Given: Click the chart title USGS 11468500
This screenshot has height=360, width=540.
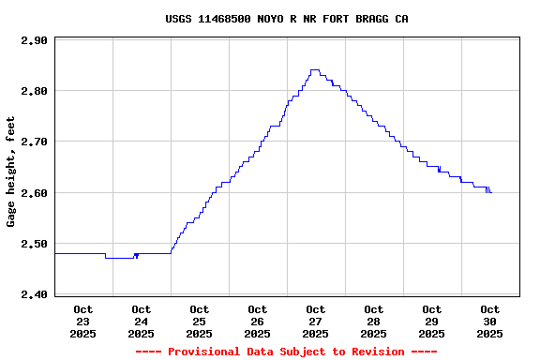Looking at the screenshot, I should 286,19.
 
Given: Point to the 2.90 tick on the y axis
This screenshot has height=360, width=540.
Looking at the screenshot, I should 34,40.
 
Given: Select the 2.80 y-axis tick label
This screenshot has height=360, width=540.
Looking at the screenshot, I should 34,91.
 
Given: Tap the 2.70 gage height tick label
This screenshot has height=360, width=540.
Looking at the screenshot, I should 34,142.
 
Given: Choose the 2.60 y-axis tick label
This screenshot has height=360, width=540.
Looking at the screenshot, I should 34,193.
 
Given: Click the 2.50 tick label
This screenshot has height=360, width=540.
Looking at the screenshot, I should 34,244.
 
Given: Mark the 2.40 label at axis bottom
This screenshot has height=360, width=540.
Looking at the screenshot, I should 34,294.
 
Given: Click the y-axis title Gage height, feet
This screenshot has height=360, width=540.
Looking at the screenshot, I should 11,172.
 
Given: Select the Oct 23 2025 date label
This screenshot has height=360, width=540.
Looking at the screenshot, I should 83,321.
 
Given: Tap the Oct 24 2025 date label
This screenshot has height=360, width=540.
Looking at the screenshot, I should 142,321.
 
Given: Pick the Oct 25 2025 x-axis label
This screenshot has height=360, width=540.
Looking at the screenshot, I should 200,321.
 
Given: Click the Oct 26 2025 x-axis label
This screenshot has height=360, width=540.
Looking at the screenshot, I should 258,321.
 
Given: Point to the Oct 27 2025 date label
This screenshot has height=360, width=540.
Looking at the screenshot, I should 316,321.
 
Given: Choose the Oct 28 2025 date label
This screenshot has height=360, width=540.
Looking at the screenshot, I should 374,321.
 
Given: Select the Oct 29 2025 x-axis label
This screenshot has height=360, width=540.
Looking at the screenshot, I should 432,321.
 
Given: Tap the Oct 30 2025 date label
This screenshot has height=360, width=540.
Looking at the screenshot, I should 490,321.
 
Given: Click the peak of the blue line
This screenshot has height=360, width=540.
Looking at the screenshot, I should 315,70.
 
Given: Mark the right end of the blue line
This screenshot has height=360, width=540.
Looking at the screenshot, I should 490,191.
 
